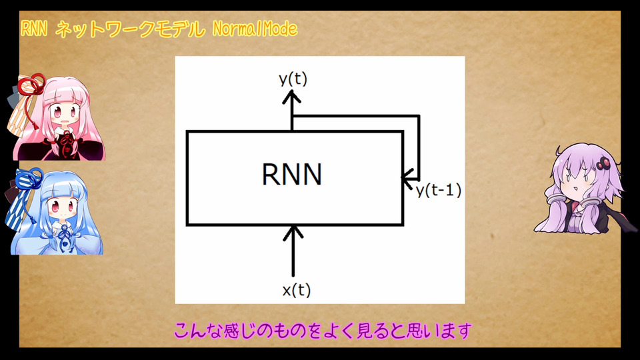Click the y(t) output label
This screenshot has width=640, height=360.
coord(293,79)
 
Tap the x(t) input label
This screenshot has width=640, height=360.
coord(296,290)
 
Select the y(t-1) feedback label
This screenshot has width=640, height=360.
coord(439,190)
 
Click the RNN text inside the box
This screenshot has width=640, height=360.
coord(292,174)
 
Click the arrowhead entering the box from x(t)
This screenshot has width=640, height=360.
coord(293,231)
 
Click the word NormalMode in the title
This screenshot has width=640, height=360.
coord(255,29)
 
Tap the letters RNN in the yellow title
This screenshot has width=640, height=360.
coord(34,29)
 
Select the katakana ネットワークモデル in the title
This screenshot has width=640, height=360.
coord(130,29)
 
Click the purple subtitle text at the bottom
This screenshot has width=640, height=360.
coord(323,331)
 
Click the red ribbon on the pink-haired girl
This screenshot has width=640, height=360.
coord(31,85)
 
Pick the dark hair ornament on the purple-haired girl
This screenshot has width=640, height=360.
coord(603,164)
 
